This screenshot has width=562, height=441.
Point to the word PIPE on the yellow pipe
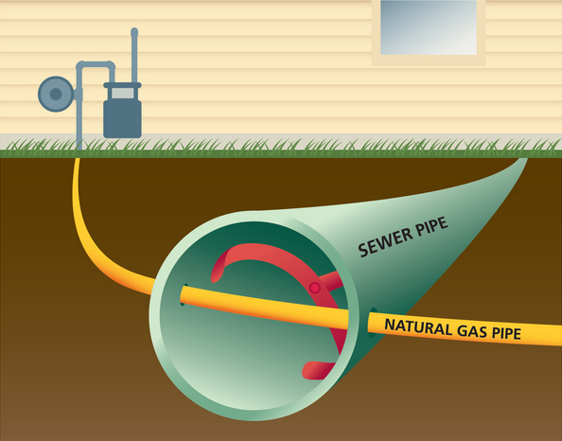(x=506, y=333)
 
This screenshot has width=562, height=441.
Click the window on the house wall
(x=429, y=27)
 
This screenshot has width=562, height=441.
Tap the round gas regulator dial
(x=56, y=94)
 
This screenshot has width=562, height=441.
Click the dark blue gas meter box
(x=122, y=118)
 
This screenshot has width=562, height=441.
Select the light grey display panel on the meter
(x=123, y=94)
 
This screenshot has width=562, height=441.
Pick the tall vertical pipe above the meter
(x=134, y=55)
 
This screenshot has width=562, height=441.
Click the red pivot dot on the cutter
(x=315, y=288)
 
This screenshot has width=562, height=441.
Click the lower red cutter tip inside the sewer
(x=312, y=371)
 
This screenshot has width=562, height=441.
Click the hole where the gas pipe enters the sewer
(x=183, y=294)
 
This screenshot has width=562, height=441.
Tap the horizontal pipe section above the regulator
(x=96, y=65)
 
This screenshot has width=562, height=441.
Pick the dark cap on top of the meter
(x=123, y=85)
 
